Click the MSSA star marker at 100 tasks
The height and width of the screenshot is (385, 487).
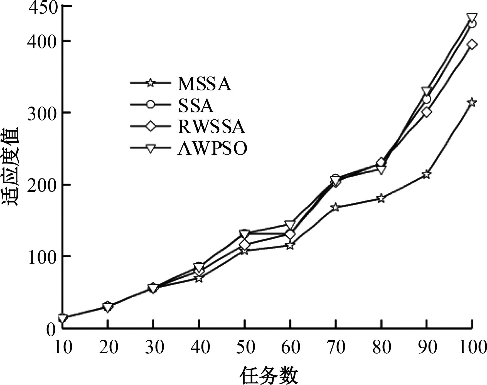pyautogui.click(x=472, y=102)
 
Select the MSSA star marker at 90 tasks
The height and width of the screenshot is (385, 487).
pyautogui.click(x=426, y=175)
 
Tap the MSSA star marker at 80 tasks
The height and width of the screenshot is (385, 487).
pyautogui.click(x=381, y=198)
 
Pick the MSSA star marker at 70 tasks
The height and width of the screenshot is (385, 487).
pyautogui.click(x=335, y=207)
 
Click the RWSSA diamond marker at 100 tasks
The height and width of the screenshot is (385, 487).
pyautogui.click(x=472, y=44)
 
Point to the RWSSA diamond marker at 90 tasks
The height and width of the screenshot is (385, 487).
pyautogui.click(x=426, y=112)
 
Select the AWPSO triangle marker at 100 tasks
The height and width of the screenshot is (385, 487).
pyautogui.click(x=472, y=17)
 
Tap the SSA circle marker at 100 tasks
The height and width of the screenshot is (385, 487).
pyautogui.click(x=472, y=24)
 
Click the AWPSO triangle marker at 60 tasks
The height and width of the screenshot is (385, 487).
pyautogui.click(x=290, y=224)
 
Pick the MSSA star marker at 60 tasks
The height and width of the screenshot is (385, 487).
pyautogui.click(x=290, y=246)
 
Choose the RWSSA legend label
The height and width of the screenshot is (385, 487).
pyautogui.click(x=211, y=127)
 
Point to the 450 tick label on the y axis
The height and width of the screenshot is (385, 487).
pyautogui.click(x=43, y=9)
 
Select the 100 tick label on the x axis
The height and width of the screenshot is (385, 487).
pyautogui.click(x=472, y=347)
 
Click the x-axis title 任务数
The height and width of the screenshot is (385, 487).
pyautogui.click(x=269, y=375)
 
